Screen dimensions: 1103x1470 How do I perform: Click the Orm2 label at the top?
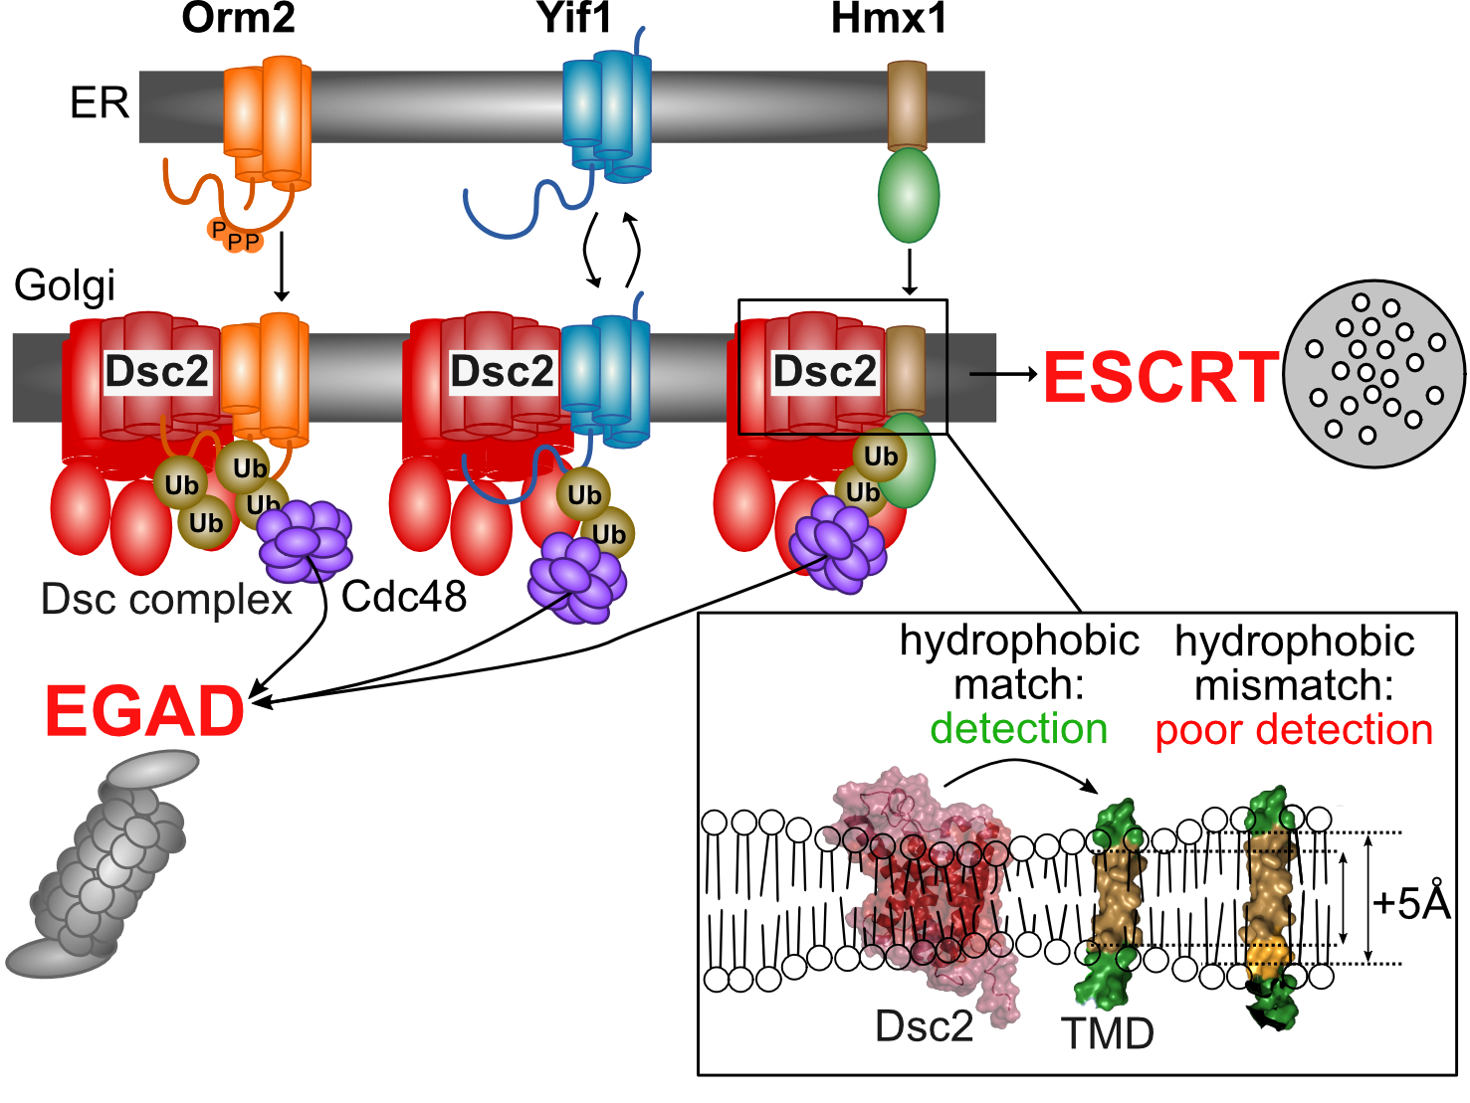(x=238, y=18)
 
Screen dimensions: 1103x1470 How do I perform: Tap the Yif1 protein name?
(x=574, y=18)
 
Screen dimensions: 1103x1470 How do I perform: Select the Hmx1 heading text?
(x=889, y=18)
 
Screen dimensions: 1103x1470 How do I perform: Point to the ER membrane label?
(x=100, y=102)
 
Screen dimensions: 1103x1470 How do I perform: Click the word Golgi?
(x=65, y=285)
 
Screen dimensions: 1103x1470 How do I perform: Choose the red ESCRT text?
(x=1160, y=378)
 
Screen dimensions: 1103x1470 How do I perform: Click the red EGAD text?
(x=145, y=711)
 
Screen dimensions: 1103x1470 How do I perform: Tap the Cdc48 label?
(x=404, y=597)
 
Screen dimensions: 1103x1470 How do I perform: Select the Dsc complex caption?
(x=166, y=600)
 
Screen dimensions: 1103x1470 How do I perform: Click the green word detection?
(x=1019, y=729)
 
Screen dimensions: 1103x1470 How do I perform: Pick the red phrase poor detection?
(x=1294, y=730)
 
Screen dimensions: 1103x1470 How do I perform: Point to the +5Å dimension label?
(x=1411, y=903)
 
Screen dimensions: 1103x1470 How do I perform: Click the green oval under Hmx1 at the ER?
(x=908, y=195)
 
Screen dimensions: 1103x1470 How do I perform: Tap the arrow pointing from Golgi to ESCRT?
(x=1003, y=374)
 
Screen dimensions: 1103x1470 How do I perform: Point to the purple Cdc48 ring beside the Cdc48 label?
(x=305, y=541)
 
